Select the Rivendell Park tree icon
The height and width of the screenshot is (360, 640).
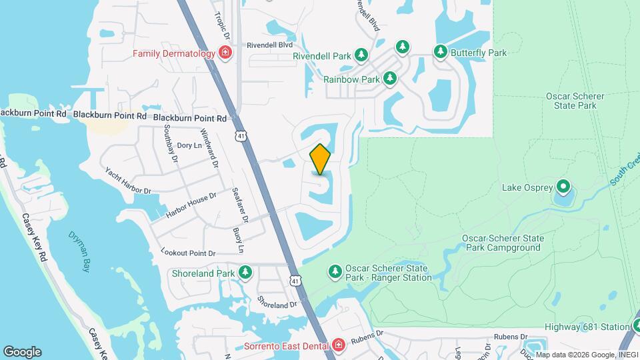click(361, 55)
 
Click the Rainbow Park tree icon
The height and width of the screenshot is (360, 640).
click(390, 79)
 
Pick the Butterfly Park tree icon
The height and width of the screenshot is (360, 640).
click(440, 52)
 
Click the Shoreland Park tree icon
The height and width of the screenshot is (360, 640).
click(246, 273)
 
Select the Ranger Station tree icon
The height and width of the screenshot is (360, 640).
click(335, 271)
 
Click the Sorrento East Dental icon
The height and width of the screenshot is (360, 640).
click(339, 345)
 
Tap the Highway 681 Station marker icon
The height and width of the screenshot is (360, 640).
click(639, 327)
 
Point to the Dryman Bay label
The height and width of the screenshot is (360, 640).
click(79, 242)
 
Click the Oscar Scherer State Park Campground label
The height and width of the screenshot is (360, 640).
click(503, 243)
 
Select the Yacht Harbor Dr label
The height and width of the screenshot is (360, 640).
click(128, 180)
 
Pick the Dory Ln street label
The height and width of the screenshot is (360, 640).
click(189, 145)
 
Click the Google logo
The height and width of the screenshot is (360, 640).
click(22, 352)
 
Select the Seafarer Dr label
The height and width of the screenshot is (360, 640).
click(240, 205)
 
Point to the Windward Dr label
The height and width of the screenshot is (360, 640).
click(209, 148)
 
